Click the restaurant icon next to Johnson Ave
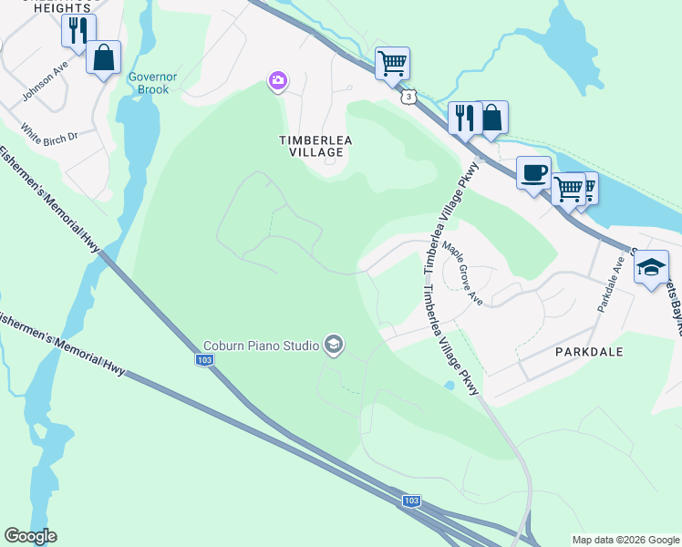coord(78,31)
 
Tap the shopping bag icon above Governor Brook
coord(104,58)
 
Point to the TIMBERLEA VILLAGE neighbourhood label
coord(315,146)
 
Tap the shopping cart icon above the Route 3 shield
coord(392,64)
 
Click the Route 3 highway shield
coord(409,96)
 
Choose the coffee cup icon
coord(533,171)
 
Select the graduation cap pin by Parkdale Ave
coord(650,267)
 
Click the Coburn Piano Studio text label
coord(261,346)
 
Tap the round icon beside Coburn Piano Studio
coord(333,345)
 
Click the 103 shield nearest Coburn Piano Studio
coord(205,361)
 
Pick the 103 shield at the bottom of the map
coord(411,501)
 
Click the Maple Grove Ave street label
coord(462,273)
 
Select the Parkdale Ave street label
coord(608,283)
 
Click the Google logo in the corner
coord(30,536)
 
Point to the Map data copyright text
coord(625,540)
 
